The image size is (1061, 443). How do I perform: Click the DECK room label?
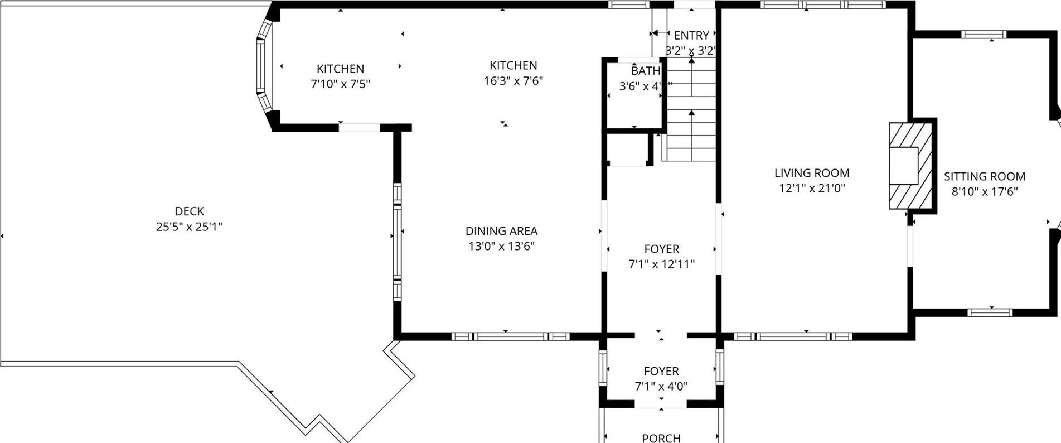(x=189, y=211)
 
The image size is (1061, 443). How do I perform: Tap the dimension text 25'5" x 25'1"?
(x=189, y=227)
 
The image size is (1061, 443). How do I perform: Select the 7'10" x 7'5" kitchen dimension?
(x=340, y=84)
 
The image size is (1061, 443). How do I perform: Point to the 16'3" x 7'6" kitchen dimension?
(x=513, y=81)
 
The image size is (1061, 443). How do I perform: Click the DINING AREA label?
(x=501, y=231)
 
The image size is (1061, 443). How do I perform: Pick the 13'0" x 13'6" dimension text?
(x=501, y=246)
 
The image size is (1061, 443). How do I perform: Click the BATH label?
(x=645, y=71)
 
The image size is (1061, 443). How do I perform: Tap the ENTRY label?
(x=691, y=36)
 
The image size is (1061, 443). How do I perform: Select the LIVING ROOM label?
(x=812, y=173)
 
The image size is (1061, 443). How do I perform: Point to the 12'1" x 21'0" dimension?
(x=812, y=189)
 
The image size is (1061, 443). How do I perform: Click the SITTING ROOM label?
(x=984, y=177)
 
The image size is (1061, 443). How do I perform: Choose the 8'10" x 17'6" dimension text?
(x=984, y=192)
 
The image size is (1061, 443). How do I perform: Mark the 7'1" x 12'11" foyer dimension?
(x=661, y=264)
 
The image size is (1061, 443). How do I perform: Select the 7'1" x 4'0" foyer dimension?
(x=661, y=386)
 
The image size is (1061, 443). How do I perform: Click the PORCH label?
(x=661, y=438)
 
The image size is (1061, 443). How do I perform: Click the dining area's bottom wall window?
(x=510, y=336)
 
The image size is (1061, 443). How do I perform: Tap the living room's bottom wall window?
(x=793, y=336)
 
